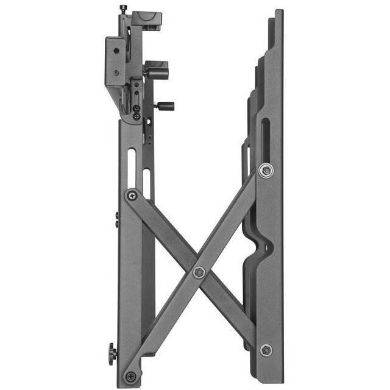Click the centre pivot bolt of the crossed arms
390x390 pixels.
tap(199, 272)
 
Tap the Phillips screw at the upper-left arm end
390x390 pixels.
tap(132, 196)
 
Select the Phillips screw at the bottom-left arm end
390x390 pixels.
tap(130, 376)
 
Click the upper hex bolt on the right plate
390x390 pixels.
tap(266, 170)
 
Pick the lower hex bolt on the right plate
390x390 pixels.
tap(266, 350)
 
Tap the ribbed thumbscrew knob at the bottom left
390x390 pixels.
tap(113, 353)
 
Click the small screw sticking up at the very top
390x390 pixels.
tap(124, 9)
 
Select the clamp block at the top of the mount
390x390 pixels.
tap(146, 19)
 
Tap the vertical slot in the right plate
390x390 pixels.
tap(266, 137)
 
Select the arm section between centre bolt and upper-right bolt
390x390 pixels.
tap(232, 221)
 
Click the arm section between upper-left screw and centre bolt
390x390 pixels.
tap(165, 233)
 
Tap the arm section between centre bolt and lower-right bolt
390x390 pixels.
tap(232, 310)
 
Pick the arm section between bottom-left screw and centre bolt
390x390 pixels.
tap(165, 324)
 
